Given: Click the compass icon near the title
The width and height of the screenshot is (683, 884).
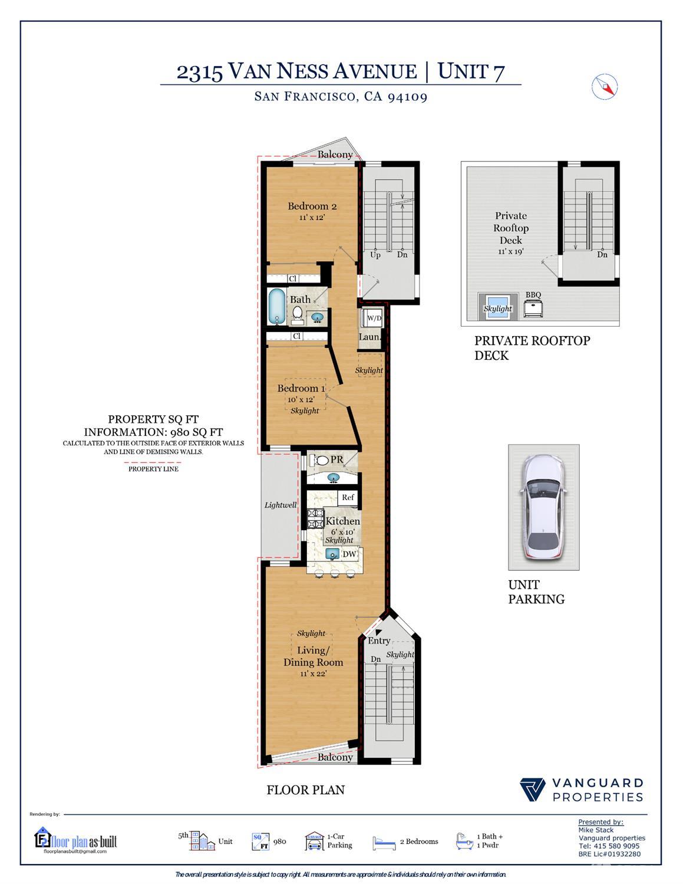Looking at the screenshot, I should [x=604, y=87].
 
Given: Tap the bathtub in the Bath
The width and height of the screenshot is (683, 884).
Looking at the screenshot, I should [x=277, y=305].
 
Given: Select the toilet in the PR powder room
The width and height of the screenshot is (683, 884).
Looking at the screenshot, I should [x=321, y=461].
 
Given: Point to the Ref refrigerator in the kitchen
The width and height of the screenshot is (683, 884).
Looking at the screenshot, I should [x=348, y=498].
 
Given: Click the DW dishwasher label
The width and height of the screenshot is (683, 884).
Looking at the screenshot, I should [x=349, y=554].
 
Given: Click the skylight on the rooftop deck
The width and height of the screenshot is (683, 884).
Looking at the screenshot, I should [x=498, y=307].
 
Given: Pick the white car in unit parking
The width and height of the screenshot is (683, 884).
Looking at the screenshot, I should [x=544, y=507].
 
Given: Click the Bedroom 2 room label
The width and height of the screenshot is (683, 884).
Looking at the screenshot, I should [x=312, y=206].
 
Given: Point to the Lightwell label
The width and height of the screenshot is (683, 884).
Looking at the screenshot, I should [x=281, y=505].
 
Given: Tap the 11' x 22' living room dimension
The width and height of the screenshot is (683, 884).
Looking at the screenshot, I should [x=313, y=673].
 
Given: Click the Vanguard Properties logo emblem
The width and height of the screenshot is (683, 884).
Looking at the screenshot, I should [x=533, y=790].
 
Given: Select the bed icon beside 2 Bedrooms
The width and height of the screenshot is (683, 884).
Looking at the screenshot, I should [x=384, y=843].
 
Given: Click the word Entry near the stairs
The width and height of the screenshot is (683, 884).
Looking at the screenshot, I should [x=379, y=640].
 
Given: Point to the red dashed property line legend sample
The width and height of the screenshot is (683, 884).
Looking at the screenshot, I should [x=153, y=462].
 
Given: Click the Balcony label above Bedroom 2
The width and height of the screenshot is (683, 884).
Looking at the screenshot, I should [x=335, y=155].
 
